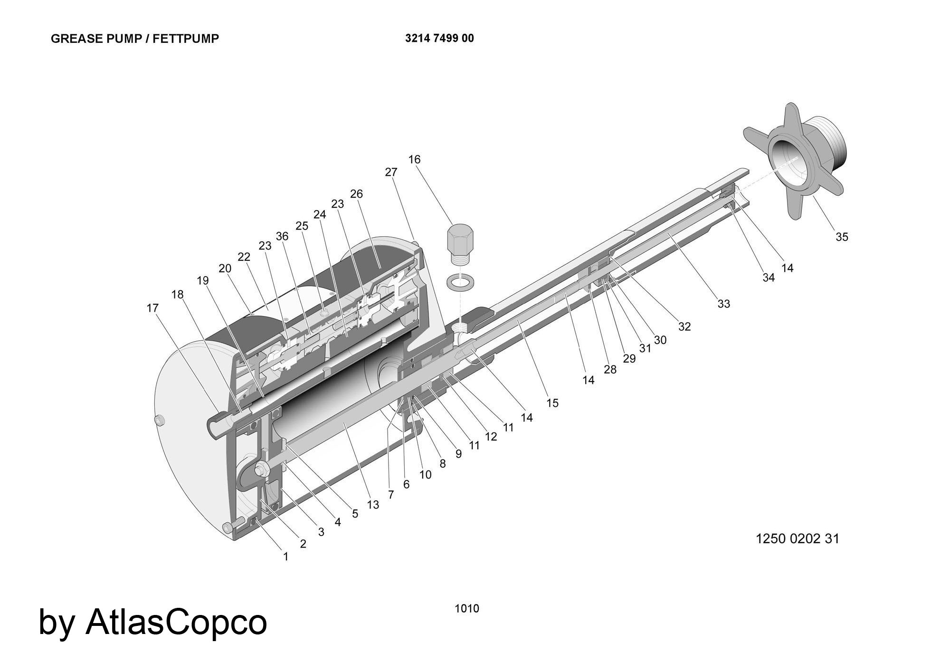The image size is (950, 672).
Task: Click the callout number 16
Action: [x=415, y=159]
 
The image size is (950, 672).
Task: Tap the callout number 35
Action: [x=842, y=237]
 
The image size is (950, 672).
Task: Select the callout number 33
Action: [x=723, y=304]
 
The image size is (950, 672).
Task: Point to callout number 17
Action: [x=152, y=308]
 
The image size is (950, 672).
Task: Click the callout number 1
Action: [x=285, y=557]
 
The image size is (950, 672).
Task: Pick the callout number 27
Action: [x=391, y=173]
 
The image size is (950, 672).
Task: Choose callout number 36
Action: [x=282, y=236]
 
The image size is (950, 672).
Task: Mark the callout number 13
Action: [x=373, y=505]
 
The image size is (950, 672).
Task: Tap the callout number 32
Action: [x=684, y=326]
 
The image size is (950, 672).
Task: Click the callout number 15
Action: [x=552, y=403]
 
